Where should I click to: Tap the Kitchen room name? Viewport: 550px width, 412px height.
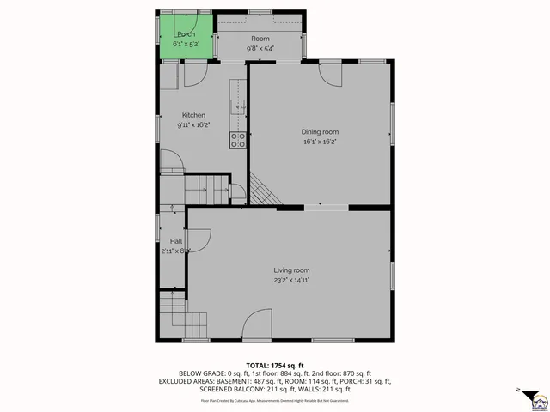point(192,115)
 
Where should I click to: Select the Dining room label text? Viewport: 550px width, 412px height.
point(319,131)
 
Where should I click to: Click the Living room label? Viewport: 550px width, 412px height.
point(291,270)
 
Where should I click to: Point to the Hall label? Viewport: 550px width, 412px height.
point(175,241)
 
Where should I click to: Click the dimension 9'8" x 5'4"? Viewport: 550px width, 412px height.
point(260,49)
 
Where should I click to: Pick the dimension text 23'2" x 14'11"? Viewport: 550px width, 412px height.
point(291,280)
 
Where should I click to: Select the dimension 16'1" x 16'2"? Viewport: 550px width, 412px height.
point(319,142)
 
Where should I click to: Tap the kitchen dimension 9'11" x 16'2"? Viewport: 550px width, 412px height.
point(192,125)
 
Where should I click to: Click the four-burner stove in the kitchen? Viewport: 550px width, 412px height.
point(238,140)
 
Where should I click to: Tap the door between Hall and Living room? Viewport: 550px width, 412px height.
point(199,241)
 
